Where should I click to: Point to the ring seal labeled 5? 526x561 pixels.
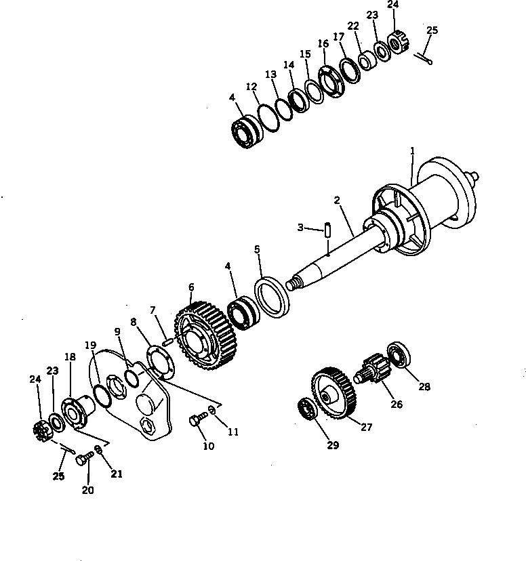point(272,296)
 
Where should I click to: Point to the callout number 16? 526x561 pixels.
point(323,44)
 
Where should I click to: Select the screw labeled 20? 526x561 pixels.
point(84,461)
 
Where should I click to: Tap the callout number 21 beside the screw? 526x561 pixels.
point(117,474)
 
